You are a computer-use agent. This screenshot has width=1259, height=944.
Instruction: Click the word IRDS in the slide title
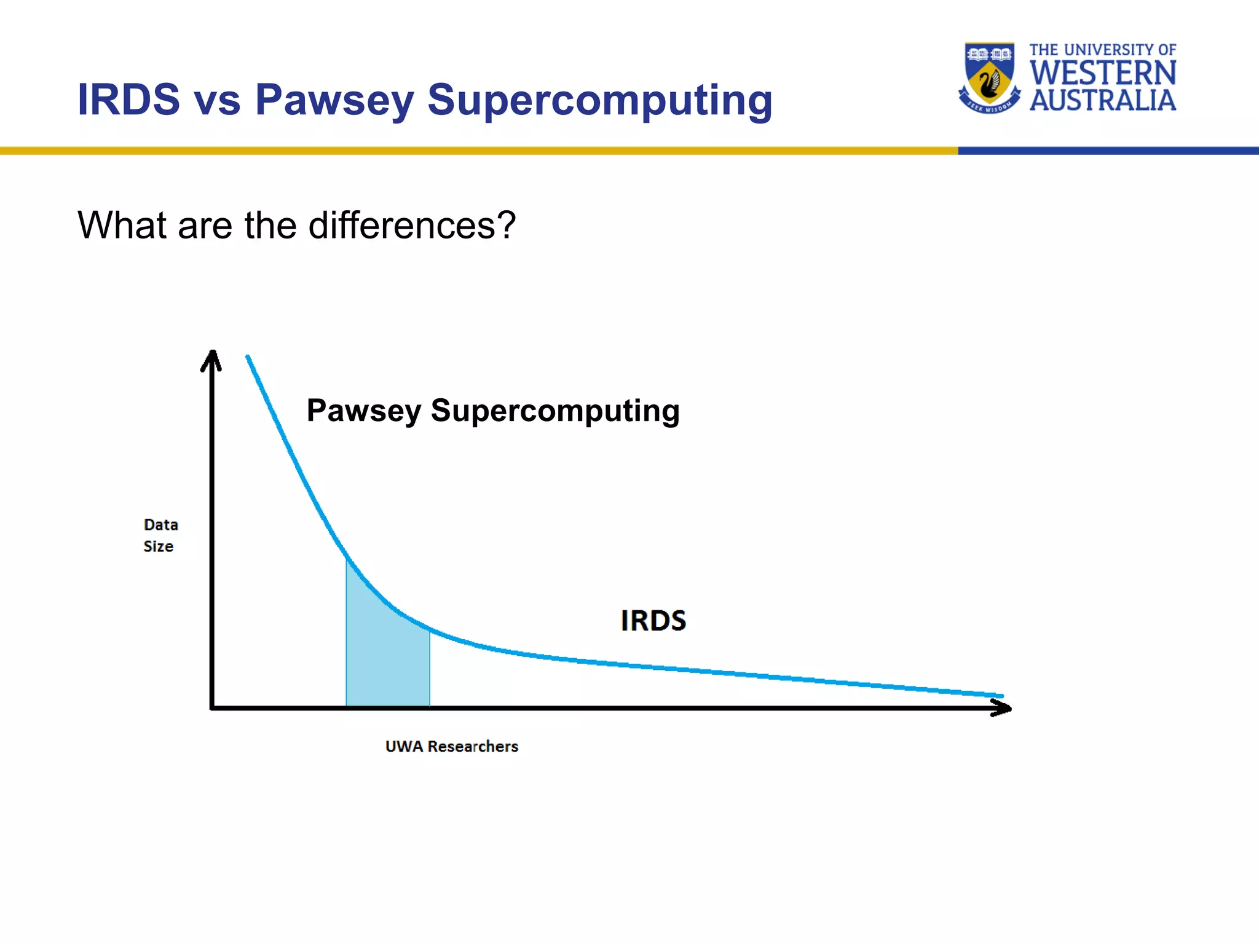(128, 100)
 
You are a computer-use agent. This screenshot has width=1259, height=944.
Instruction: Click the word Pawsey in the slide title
(334, 100)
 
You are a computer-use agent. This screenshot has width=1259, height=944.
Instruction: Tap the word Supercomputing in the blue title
(599, 100)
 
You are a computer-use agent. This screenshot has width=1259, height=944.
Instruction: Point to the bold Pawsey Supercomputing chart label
(493, 411)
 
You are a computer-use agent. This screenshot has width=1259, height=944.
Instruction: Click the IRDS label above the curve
(653, 621)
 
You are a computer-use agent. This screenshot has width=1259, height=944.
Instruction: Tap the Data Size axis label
(160, 535)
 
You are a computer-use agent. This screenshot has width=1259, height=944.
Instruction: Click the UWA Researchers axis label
(451, 746)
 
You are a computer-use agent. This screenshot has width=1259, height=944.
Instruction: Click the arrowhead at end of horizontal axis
(1002, 709)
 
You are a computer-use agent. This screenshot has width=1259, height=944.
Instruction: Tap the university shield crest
(989, 74)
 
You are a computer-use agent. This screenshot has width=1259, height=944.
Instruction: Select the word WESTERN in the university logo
(1103, 73)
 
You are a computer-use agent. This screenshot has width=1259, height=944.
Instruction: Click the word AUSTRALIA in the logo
(1103, 101)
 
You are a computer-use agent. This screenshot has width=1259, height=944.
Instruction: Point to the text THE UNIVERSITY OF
(1102, 50)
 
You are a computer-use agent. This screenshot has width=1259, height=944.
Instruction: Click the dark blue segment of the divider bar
(1107, 151)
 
